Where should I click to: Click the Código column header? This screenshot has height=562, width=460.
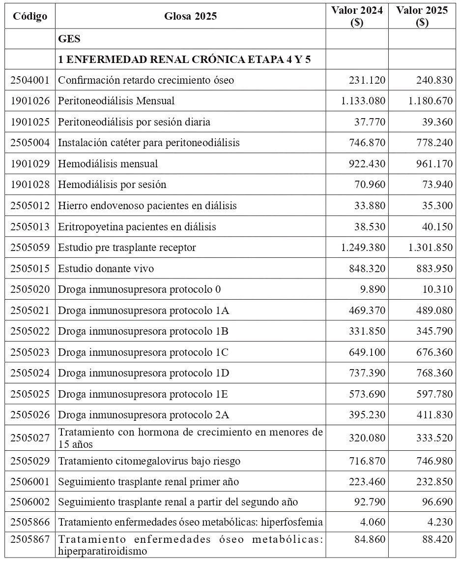[x=30, y=16]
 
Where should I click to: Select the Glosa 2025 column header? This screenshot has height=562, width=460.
[x=190, y=16]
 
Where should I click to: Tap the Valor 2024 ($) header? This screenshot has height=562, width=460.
[x=357, y=16]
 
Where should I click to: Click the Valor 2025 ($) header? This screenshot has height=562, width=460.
[x=422, y=16]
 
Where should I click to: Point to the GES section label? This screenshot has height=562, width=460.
[x=69, y=39]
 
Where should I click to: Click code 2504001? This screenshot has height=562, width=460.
[x=30, y=80]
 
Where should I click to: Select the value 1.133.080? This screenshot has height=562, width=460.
[x=363, y=101]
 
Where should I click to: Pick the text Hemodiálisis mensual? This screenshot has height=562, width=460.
[x=108, y=163]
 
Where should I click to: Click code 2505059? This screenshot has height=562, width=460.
[x=30, y=247]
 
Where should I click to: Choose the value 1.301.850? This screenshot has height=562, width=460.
[x=430, y=247]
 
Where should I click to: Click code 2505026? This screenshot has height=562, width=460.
[x=30, y=415]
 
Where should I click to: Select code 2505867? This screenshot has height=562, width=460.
[x=30, y=539]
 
